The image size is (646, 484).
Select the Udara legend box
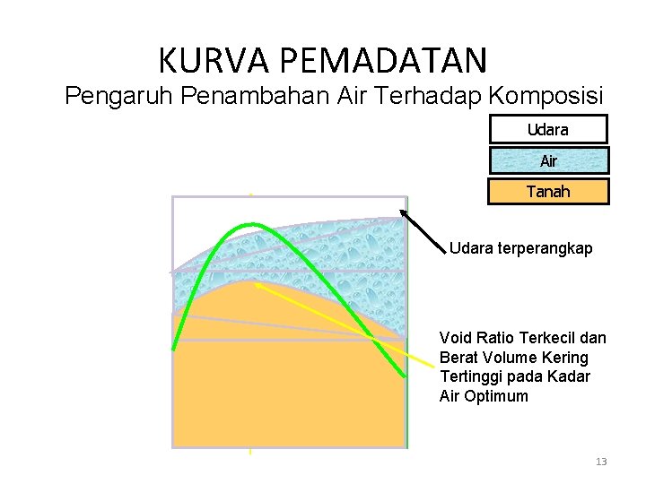coord(547,130)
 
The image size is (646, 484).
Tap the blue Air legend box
coord(547,161)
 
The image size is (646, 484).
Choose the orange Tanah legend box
coord(547,192)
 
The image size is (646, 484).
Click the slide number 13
coord(601,462)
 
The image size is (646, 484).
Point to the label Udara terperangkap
coord(520,248)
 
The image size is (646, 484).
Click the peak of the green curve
coord(250,224)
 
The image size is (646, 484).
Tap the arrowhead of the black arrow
coord(403,212)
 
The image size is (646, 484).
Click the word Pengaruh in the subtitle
coord(119,96)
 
